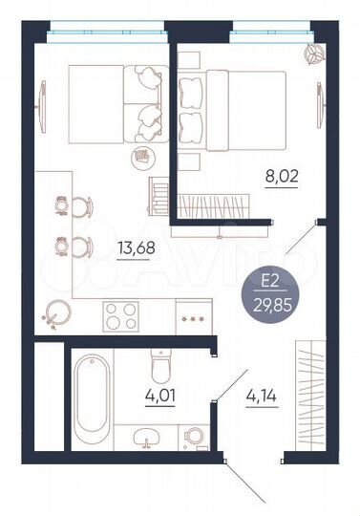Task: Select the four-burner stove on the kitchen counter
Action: [x=121, y=314]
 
